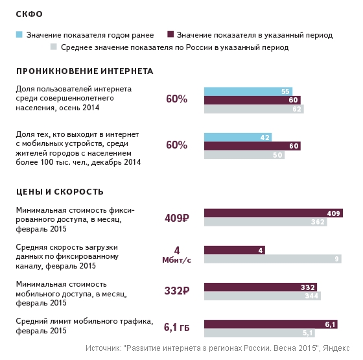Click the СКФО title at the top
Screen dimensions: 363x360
[29, 14]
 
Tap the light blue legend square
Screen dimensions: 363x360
[19, 34]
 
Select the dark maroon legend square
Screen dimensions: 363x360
[170, 34]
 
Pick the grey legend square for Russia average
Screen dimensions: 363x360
[53, 47]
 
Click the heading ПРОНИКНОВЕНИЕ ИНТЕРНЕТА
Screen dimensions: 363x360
[85, 71]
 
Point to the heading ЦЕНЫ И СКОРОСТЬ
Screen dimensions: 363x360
[60, 192]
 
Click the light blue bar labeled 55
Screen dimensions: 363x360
[248, 91]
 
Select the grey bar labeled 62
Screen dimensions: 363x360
[254, 109]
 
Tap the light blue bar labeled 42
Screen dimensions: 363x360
[238, 137]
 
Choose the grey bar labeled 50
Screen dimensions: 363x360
[244, 155]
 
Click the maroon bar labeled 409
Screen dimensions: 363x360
[274, 213]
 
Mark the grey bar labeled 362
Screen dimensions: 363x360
[266, 222]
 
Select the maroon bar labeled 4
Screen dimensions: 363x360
[235, 250]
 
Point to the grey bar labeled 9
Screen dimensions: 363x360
[273, 259]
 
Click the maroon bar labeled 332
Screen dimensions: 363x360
[261, 287]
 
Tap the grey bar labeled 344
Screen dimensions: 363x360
[263, 296]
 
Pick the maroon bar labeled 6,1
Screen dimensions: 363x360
[271, 324]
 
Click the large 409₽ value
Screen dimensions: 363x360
[177, 218]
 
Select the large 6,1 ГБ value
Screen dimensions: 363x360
[176, 327]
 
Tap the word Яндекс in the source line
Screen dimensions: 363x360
[336, 348]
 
